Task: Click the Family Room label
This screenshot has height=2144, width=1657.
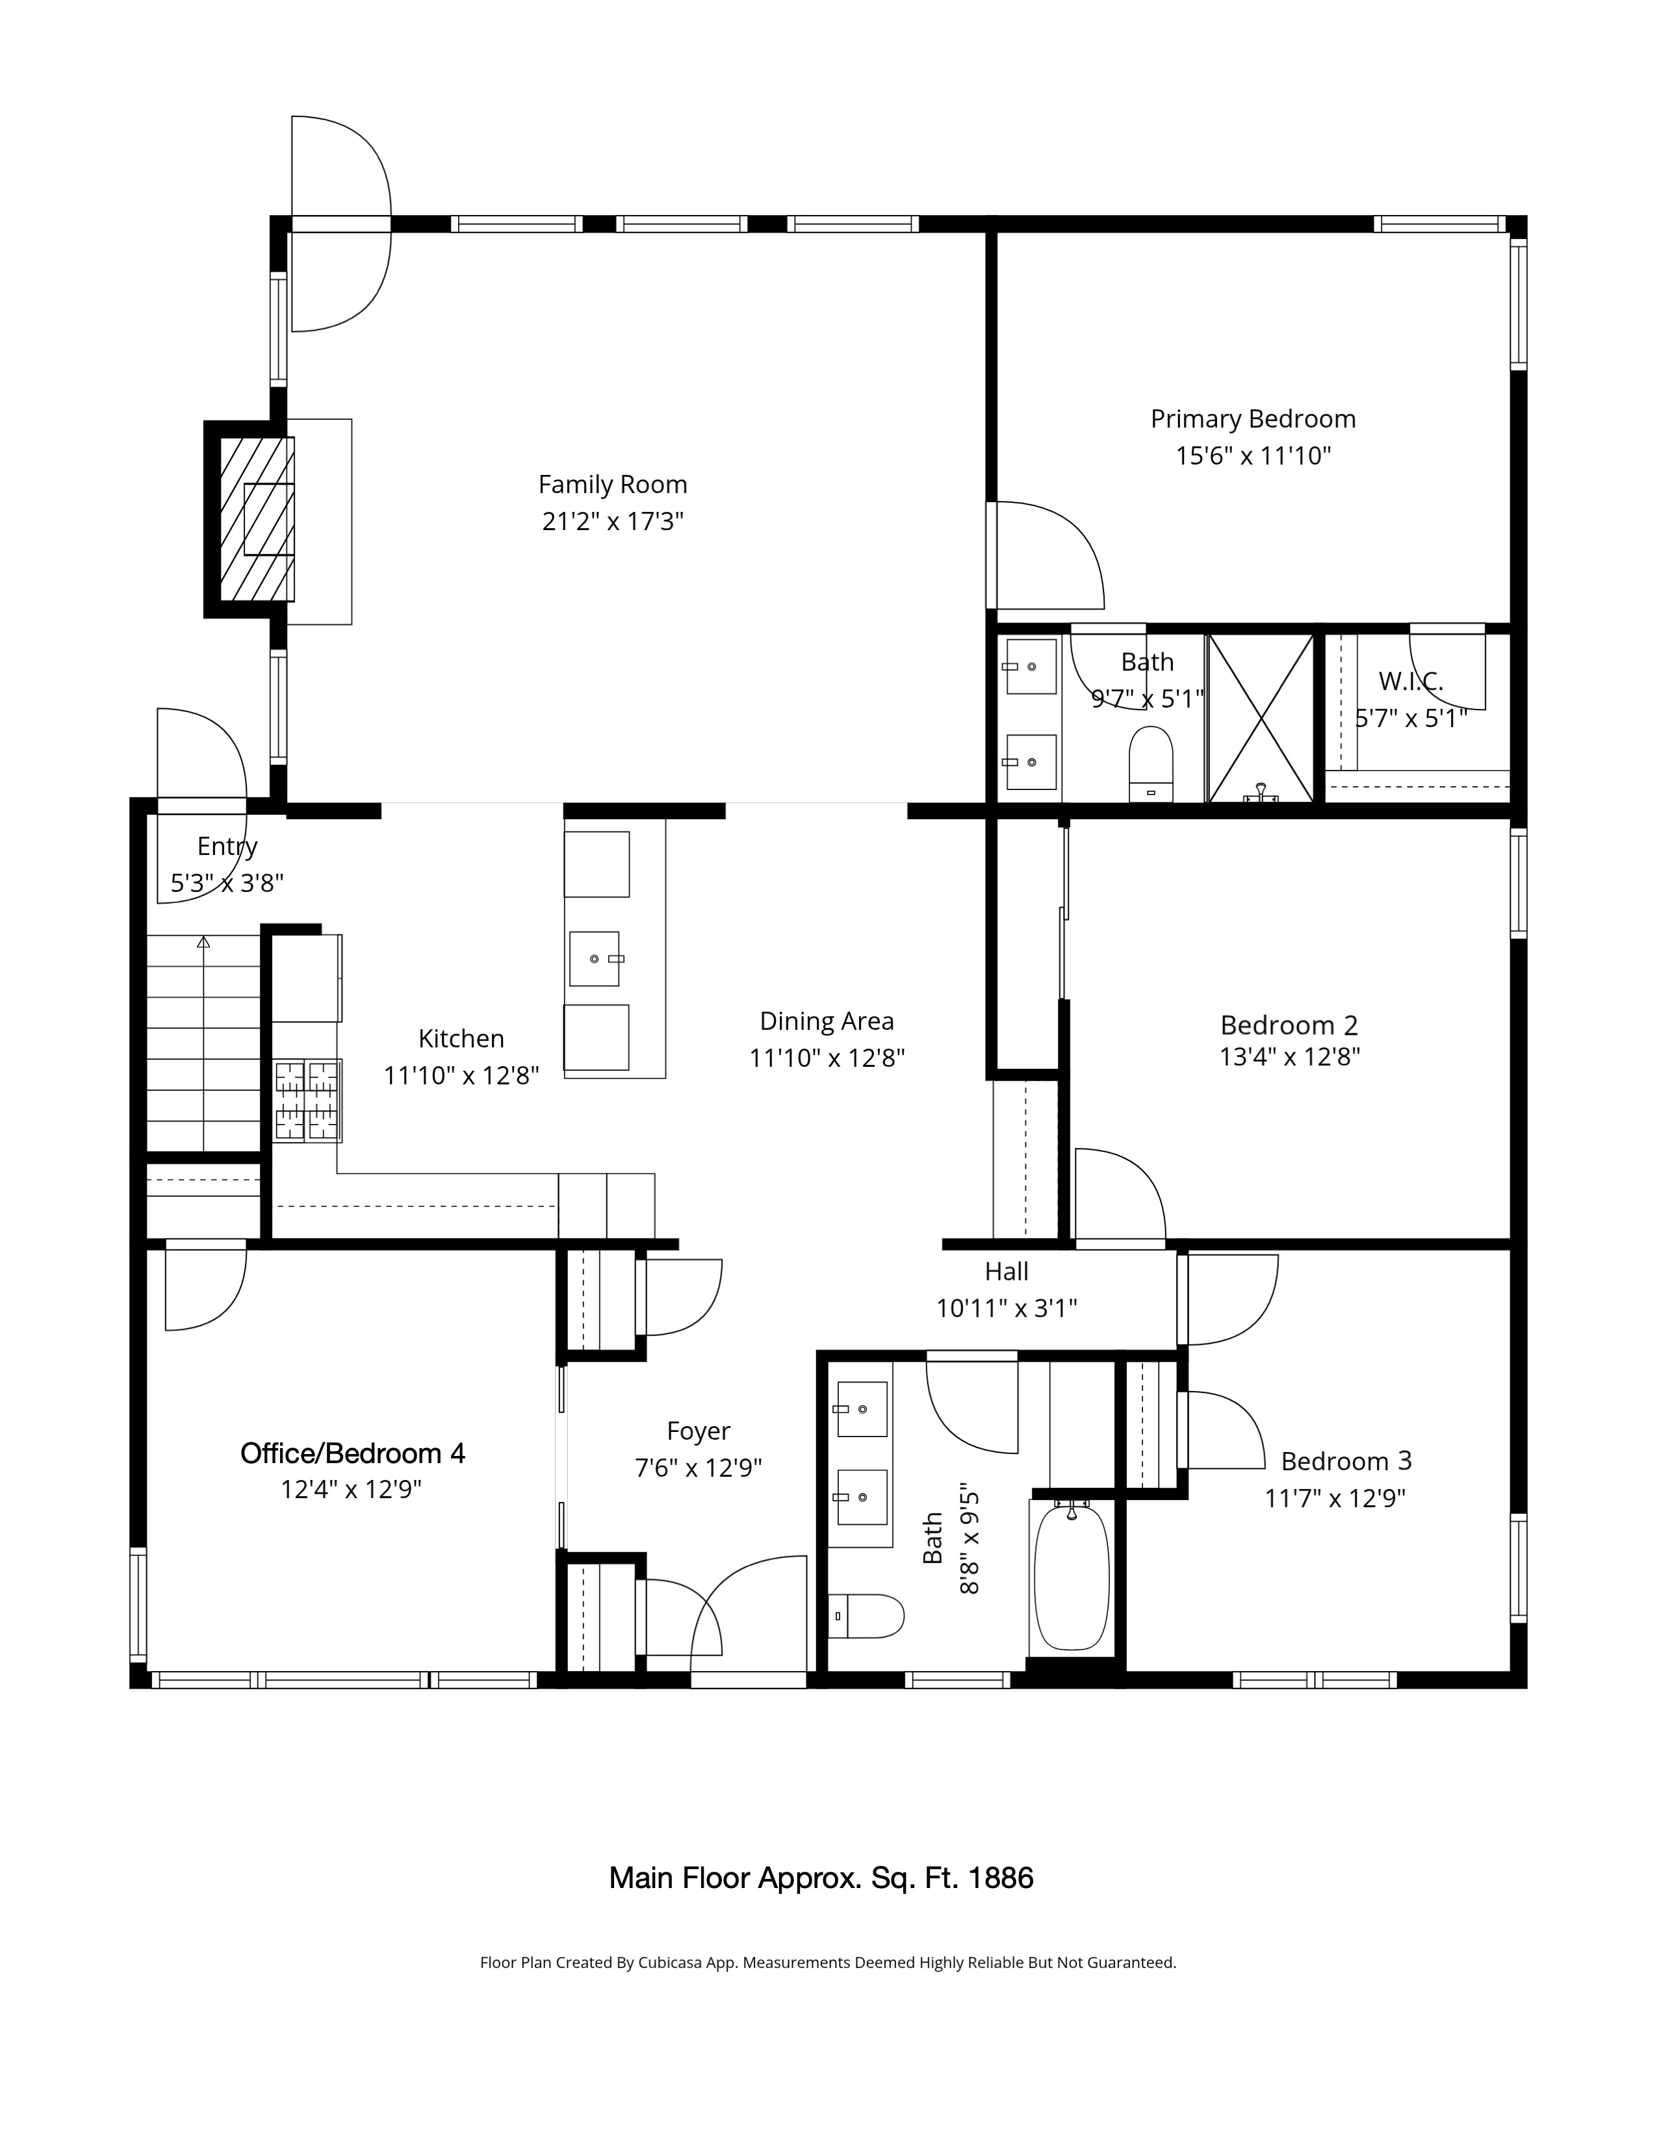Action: point(613,485)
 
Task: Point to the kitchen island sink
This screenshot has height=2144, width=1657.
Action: point(595,958)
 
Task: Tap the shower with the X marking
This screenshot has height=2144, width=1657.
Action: point(1261,719)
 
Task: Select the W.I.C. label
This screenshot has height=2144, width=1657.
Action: point(1411,682)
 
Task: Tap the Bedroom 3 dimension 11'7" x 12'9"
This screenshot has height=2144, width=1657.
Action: point(1335,1499)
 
